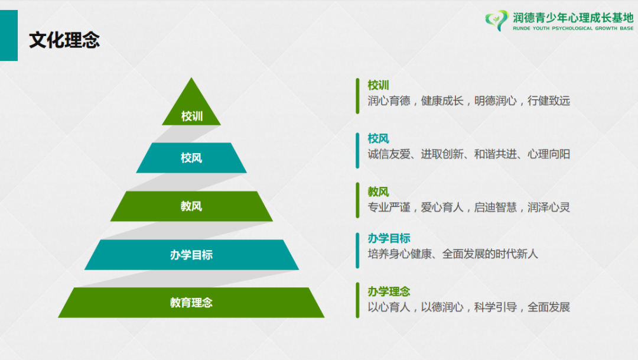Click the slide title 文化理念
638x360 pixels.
point(64,40)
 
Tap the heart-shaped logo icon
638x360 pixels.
point(496,20)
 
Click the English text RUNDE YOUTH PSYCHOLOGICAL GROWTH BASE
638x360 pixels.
point(573,28)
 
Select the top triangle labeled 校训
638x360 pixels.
point(191,106)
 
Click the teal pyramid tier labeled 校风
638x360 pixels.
point(191,158)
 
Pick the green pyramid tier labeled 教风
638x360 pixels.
point(191,206)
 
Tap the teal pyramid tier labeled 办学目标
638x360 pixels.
point(191,255)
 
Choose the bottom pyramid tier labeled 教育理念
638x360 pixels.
point(191,303)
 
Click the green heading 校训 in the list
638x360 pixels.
point(379,85)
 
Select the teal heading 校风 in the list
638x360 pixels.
point(379,138)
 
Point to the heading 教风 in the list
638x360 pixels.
point(379,192)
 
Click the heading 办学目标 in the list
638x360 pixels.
point(389,238)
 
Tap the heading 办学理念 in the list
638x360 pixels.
point(389,291)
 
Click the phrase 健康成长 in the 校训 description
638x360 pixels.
point(442,100)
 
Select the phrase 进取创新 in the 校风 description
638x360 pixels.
point(442,154)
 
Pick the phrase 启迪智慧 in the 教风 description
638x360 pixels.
point(496,207)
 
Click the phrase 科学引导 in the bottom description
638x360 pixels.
point(496,307)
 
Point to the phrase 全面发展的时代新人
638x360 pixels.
point(490,254)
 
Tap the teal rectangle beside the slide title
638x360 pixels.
point(9,35)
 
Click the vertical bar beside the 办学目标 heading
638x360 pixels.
point(357,251)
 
